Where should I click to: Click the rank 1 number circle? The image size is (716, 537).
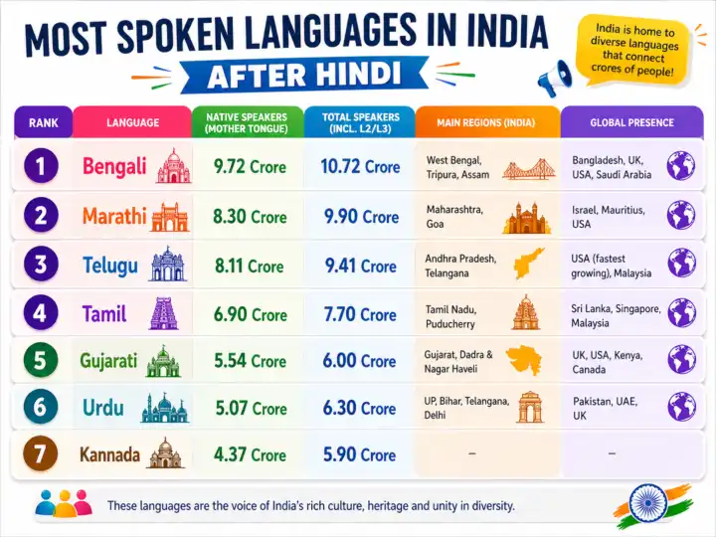[41, 166]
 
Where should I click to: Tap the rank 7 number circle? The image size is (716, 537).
[41, 454]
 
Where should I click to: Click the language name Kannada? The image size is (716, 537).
[109, 454]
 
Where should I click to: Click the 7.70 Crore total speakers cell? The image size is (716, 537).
[358, 314]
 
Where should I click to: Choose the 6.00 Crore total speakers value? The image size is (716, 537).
[358, 361]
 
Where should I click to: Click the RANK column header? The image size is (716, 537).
[43, 122]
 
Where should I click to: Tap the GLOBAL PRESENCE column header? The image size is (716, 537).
[630, 122]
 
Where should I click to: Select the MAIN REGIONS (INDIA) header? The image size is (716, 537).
[485, 122]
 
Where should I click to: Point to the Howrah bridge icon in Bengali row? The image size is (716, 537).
[527, 168]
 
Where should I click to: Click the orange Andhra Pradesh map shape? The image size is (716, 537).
[528, 263]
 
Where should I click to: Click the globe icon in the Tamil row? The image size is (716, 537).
[681, 313]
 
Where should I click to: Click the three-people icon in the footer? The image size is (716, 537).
[63, 504]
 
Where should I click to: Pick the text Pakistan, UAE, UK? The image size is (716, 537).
[605, 408]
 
